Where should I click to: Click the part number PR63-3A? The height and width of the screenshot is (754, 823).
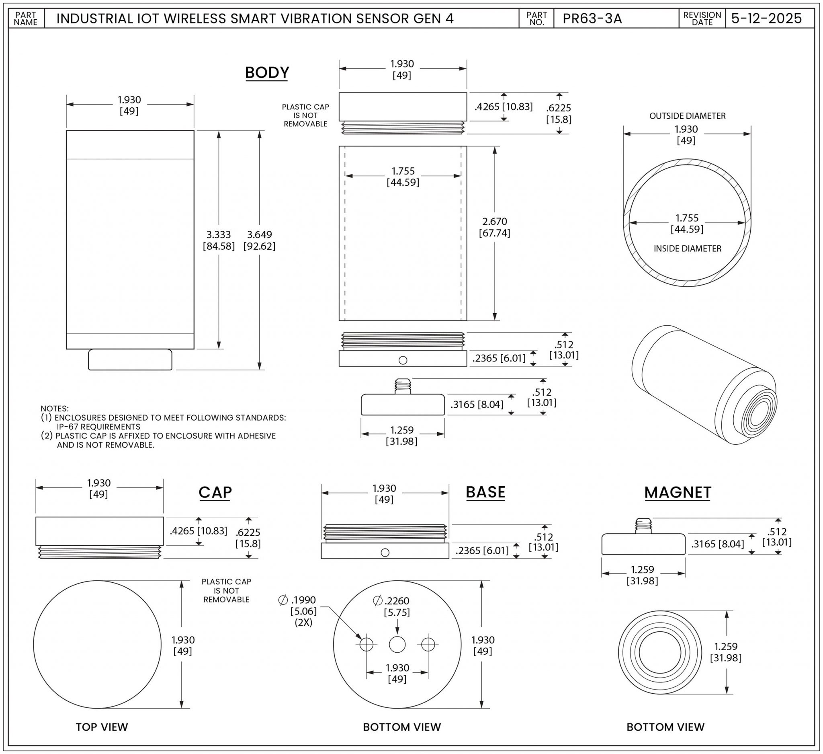tap(592, 19)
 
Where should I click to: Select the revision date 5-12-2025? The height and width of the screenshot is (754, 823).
tap(766, 19)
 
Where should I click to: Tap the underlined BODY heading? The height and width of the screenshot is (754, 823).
tap(267, 73)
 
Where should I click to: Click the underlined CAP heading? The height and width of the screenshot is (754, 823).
tap(215, 493)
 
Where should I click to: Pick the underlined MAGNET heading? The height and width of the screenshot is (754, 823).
tap(678, 493)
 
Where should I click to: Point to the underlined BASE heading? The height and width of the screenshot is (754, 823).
tap(485, 492)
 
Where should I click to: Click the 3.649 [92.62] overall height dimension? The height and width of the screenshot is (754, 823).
tap(259, 240)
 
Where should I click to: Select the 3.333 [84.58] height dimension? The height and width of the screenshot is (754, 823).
tap(219, 240)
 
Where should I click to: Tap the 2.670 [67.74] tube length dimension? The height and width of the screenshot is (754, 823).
tap(494, 227)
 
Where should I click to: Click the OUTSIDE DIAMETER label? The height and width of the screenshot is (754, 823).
tap(688, 116)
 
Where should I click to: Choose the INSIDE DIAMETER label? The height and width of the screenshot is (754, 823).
tap(688, 249)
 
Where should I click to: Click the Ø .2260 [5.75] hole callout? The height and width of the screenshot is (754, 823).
tap(391, 606)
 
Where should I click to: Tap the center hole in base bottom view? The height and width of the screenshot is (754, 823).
tap(397, 645)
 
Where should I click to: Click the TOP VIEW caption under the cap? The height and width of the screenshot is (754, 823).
tap(102, 727)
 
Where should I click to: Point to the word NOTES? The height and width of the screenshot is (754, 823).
tap(55, 409)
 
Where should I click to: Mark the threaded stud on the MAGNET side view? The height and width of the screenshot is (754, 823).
tap(643, 526)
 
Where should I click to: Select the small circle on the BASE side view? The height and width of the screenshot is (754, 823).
tap(385, 553)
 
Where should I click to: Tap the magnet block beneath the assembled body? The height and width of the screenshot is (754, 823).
tap(130, 360)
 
